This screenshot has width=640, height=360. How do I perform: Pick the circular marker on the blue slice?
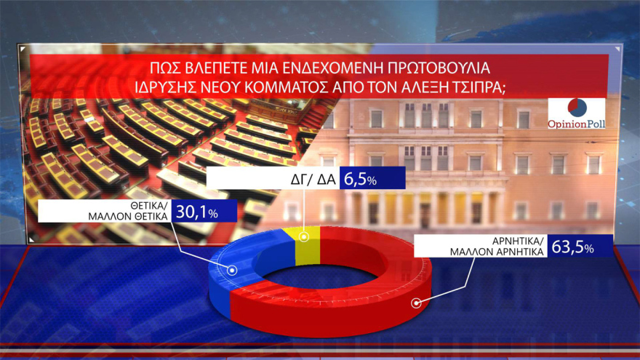click(x=233, y=270)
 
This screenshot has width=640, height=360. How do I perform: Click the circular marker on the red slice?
click(x=416, y=303)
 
